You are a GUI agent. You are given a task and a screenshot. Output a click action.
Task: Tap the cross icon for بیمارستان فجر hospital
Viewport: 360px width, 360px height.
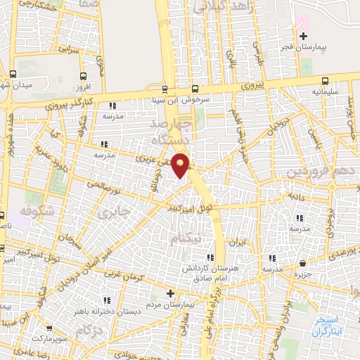303,36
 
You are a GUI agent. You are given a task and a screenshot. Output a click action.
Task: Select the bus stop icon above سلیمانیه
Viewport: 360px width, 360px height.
325,80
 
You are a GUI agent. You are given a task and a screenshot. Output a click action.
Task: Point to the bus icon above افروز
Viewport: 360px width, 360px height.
84,76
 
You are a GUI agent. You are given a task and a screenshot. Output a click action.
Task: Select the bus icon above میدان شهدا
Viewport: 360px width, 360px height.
13,74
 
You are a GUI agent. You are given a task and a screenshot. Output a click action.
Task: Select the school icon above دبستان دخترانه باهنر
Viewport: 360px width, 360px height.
107,301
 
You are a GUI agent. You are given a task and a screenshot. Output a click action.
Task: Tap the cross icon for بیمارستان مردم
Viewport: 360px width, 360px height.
170,293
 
